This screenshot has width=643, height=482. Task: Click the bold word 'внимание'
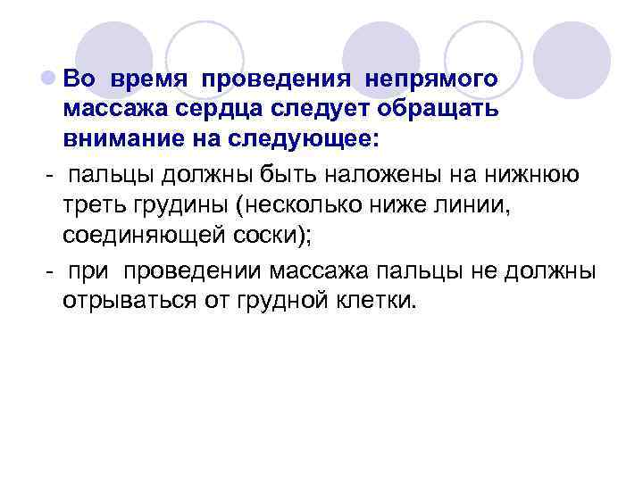115,141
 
